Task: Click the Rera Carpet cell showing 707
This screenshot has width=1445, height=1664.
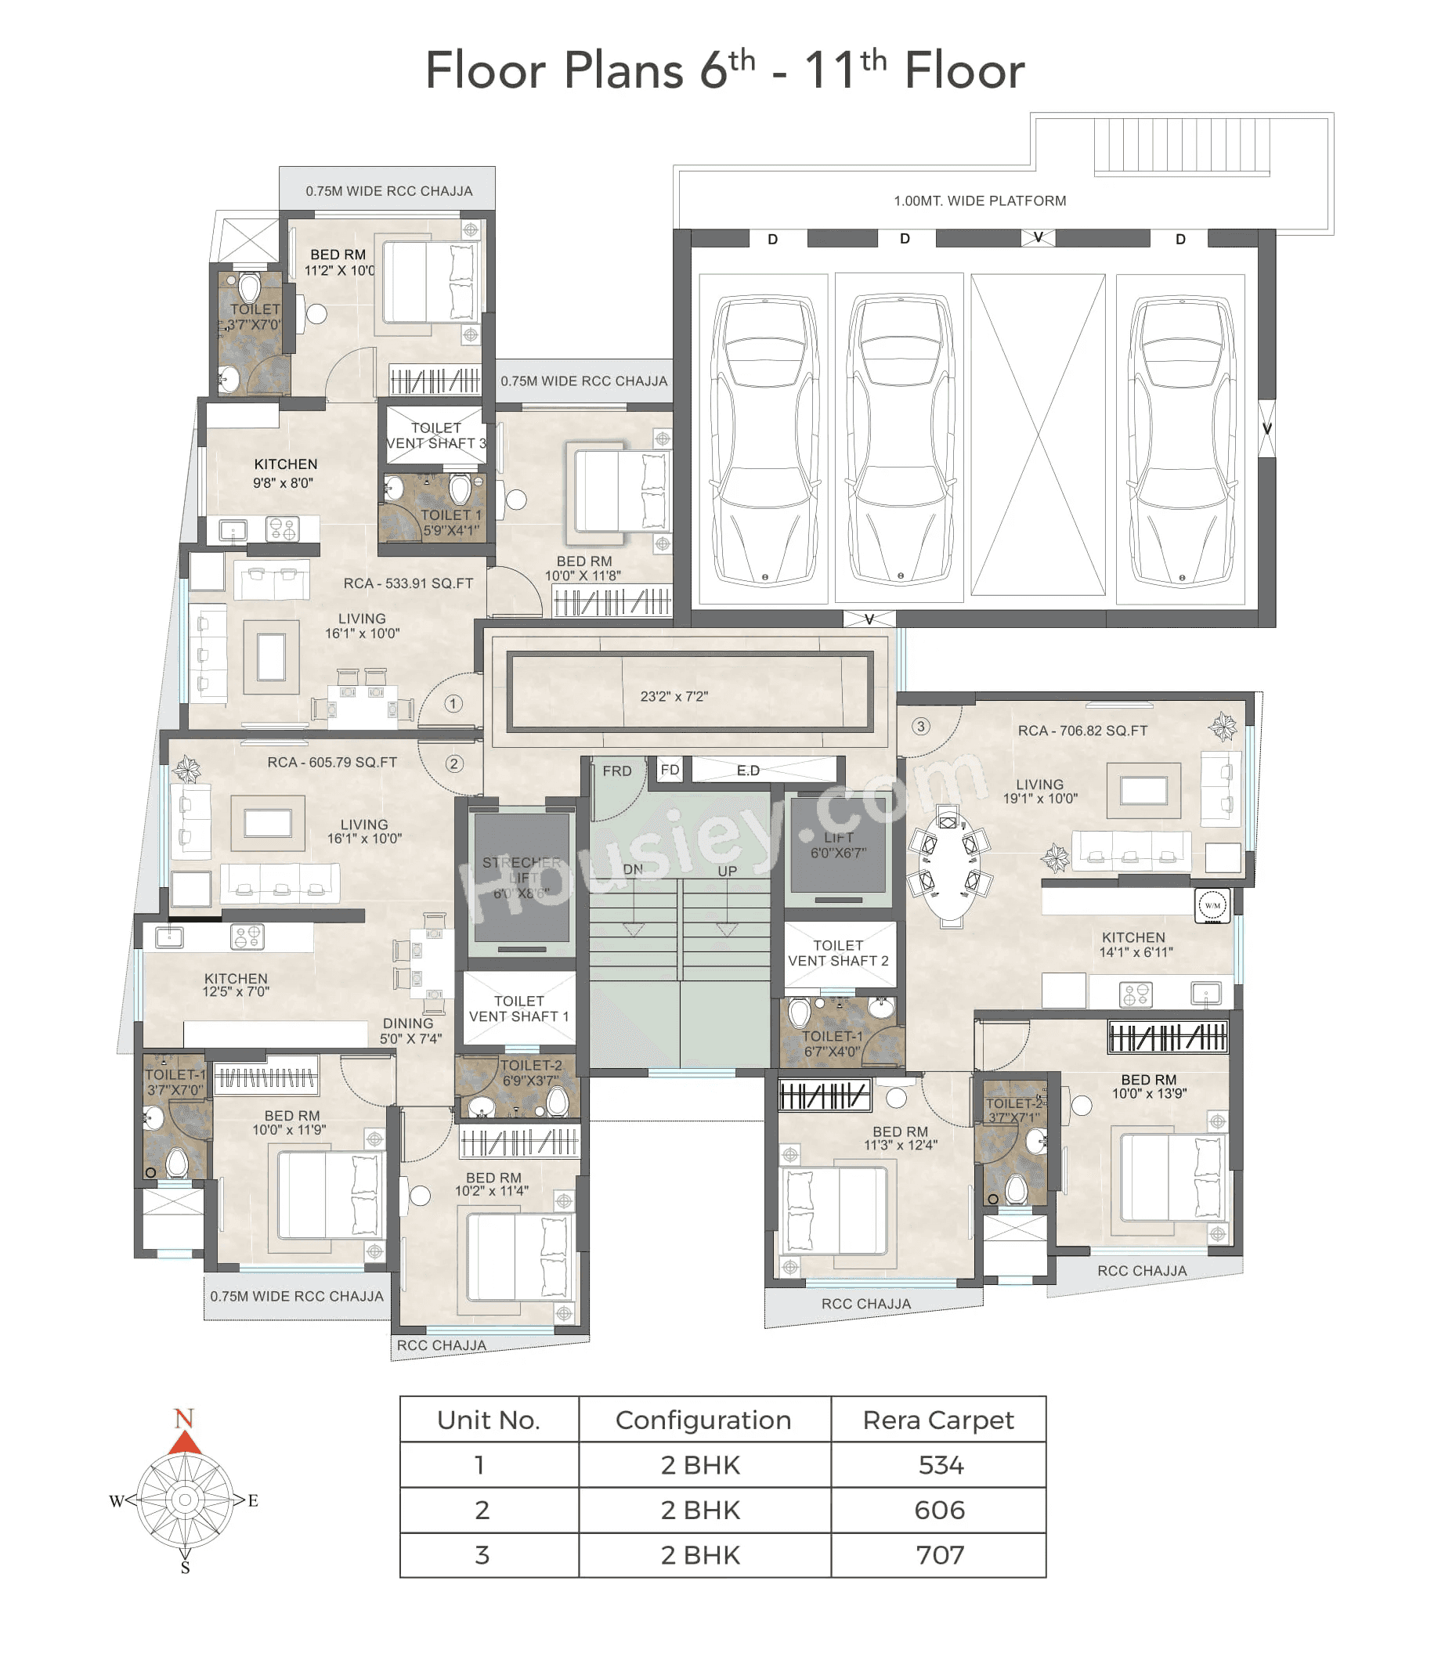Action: pyautogui.click(x=939, y=1555)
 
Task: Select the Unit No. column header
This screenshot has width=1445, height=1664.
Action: pyautogui.click(x=489, y=1420)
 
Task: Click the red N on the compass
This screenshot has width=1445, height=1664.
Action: pyautogui.click(x=184, y=1418)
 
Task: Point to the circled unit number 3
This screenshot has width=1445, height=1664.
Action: pyautogui.click(x=921, y=727)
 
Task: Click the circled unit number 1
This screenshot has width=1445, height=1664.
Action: pyautogui.click(x=453, y=704)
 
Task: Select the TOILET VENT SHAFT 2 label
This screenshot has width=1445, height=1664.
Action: pyautogui.click(x=838, y=953)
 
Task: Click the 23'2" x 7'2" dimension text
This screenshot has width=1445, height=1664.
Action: pyautogui.click(x=674, y=697)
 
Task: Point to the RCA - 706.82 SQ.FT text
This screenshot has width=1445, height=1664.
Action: pyautogui.click(x=1082, y=731)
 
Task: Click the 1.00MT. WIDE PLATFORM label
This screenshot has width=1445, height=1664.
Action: pyautogui.click(x=980, y=200)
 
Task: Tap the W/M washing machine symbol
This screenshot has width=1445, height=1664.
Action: pyautogui.click(x=1212, y=905)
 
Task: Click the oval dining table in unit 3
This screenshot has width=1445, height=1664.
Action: pyautogui.click(x=951, y=868)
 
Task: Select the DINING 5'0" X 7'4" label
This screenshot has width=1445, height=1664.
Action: pyautogui.click(x=410, y=1031)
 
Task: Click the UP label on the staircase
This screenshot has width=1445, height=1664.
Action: pyautogui.click(x=728, y=872)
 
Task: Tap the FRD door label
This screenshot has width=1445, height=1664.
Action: pyautogui.click(x=617, y=771)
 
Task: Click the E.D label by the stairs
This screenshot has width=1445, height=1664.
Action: pyautogui.click(x=748, y=771)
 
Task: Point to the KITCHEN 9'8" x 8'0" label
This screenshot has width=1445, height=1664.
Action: pyautogui.click(x=285, y=473)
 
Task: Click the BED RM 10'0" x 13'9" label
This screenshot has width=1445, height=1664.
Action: pyautogui.click(x=1149, y=1087)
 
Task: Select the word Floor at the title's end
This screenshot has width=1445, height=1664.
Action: pyautogui.click(x=964, y=71)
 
